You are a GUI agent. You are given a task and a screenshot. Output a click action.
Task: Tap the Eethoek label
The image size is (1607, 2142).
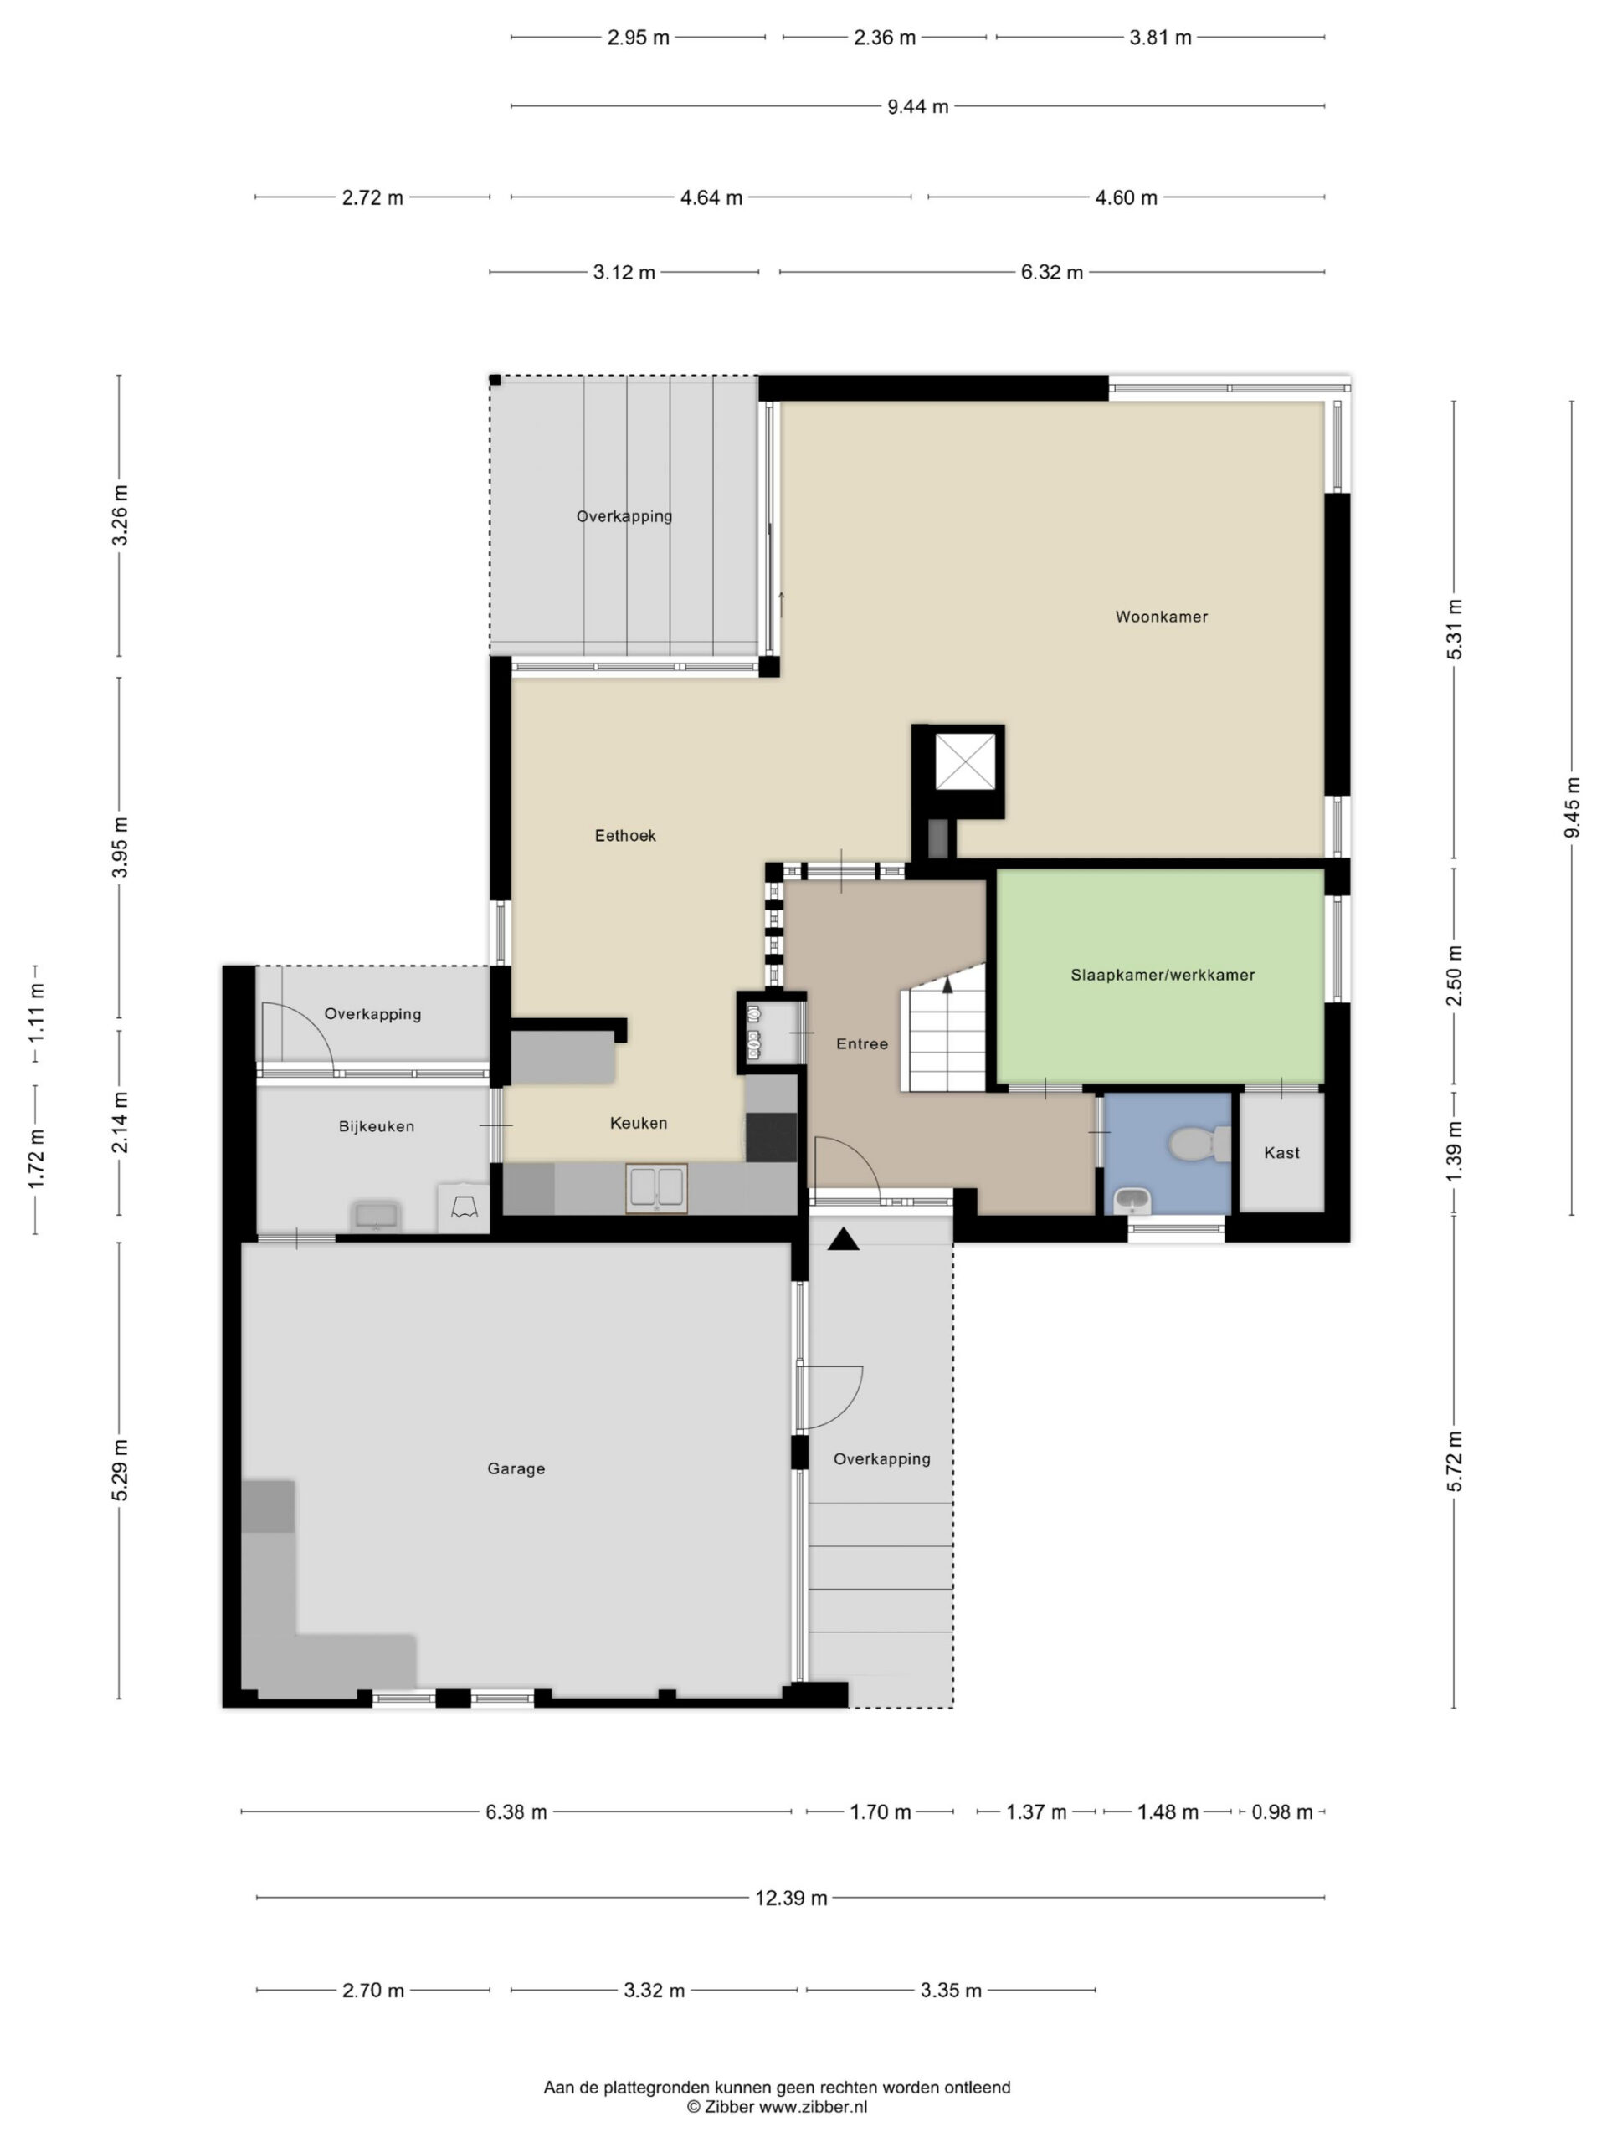pos(624,836)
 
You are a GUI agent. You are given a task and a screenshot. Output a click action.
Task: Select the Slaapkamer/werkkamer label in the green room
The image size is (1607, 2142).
pos(1163,975)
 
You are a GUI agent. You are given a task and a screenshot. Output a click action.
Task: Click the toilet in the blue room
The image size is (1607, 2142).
pos(1199,1144)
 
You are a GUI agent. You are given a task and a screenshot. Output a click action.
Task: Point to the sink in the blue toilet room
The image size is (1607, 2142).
pos(1132,1201)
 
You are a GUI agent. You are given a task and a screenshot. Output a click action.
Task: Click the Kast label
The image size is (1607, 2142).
pos(1281,1152)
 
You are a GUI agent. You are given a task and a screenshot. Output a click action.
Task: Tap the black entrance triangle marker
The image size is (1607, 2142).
pos(843,1238)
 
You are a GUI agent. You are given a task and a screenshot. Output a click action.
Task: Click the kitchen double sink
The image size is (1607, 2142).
pos(657,1188)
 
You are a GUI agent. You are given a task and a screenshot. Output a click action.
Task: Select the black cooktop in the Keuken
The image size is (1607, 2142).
pos(771,1137)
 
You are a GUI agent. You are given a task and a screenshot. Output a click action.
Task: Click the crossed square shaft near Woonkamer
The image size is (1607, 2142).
pos(963,762)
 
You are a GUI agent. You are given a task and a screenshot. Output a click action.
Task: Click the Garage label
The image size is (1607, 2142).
pos(516,1469)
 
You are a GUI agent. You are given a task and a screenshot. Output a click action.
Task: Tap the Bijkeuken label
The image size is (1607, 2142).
pos(376,1126)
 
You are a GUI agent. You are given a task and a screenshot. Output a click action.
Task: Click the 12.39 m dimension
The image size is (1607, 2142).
pos(792,1898)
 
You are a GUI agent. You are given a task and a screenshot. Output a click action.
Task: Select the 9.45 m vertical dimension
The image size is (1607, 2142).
pos(1571,807)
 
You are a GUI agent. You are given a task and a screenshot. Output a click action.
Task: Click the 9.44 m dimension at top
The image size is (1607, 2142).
pos(917,106)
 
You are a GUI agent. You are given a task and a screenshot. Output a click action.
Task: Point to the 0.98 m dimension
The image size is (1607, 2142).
pos(1281,1811)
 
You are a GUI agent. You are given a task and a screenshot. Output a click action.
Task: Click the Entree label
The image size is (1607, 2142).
pos(861,1044)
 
